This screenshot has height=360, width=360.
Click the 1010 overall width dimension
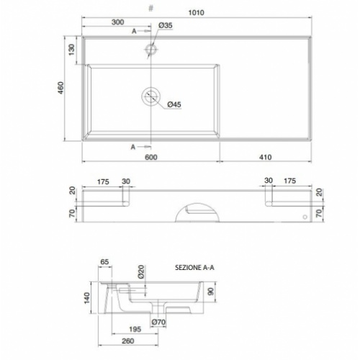point(196,12)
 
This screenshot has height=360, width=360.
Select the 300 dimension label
point(118,22)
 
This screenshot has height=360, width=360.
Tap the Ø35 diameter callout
point(166,25)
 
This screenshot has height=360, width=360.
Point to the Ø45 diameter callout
point(174,104)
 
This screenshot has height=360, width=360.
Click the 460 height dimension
point(61,88)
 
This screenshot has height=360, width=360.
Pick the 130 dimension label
point(72,50)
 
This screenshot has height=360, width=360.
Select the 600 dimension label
point(151,157)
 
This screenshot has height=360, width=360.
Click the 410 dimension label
point(266,157)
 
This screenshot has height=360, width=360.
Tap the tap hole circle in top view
point(151,45)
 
